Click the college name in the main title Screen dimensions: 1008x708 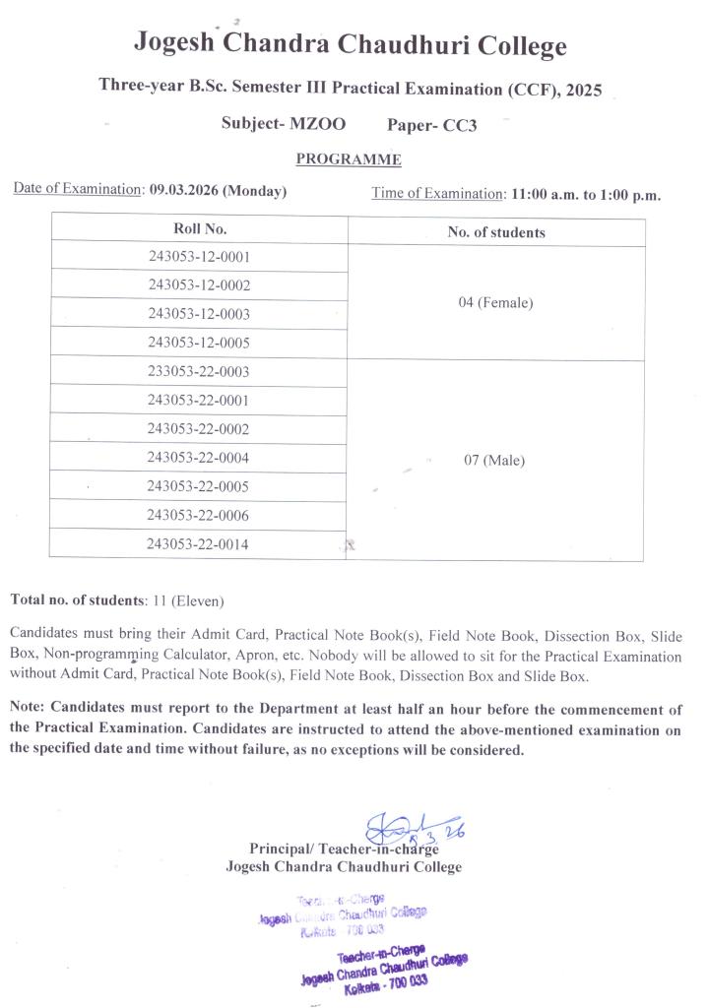(351, 44)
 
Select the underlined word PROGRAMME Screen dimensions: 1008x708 (349, 159)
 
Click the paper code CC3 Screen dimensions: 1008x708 (458, 126)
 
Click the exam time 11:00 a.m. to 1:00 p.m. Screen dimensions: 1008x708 (586, 194)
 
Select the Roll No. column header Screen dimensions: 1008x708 (200, 228)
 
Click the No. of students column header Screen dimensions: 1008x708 (495, 232)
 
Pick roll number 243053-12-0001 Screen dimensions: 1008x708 (199, 257)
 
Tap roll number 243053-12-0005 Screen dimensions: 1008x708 (199, 343)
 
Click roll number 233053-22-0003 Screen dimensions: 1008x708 (198, 371)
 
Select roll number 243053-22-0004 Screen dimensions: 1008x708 (198, 458)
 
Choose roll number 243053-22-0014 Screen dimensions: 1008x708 (198, 543)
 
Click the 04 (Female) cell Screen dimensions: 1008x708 (495, 302)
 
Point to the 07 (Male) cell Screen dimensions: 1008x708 (494, 460)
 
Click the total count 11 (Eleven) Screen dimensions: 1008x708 (186, 599)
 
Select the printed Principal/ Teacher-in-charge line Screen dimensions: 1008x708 (344, 849)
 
